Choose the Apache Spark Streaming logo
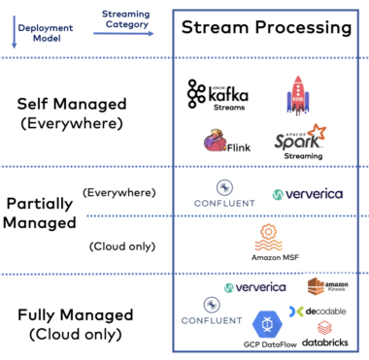click(x=300, y=143)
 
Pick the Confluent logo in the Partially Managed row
click(x=222, y=193)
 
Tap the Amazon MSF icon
click(x=269, y=241)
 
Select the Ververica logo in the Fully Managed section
click(x=255, y=287)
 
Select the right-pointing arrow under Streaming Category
click(x=120, y=33)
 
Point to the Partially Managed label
click(x=42, y=214)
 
